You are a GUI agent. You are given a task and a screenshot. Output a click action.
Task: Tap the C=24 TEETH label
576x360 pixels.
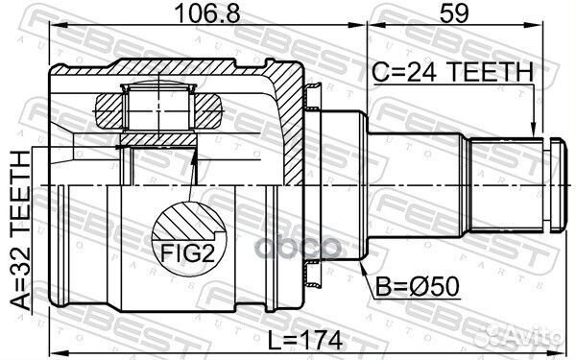point(450,71)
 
